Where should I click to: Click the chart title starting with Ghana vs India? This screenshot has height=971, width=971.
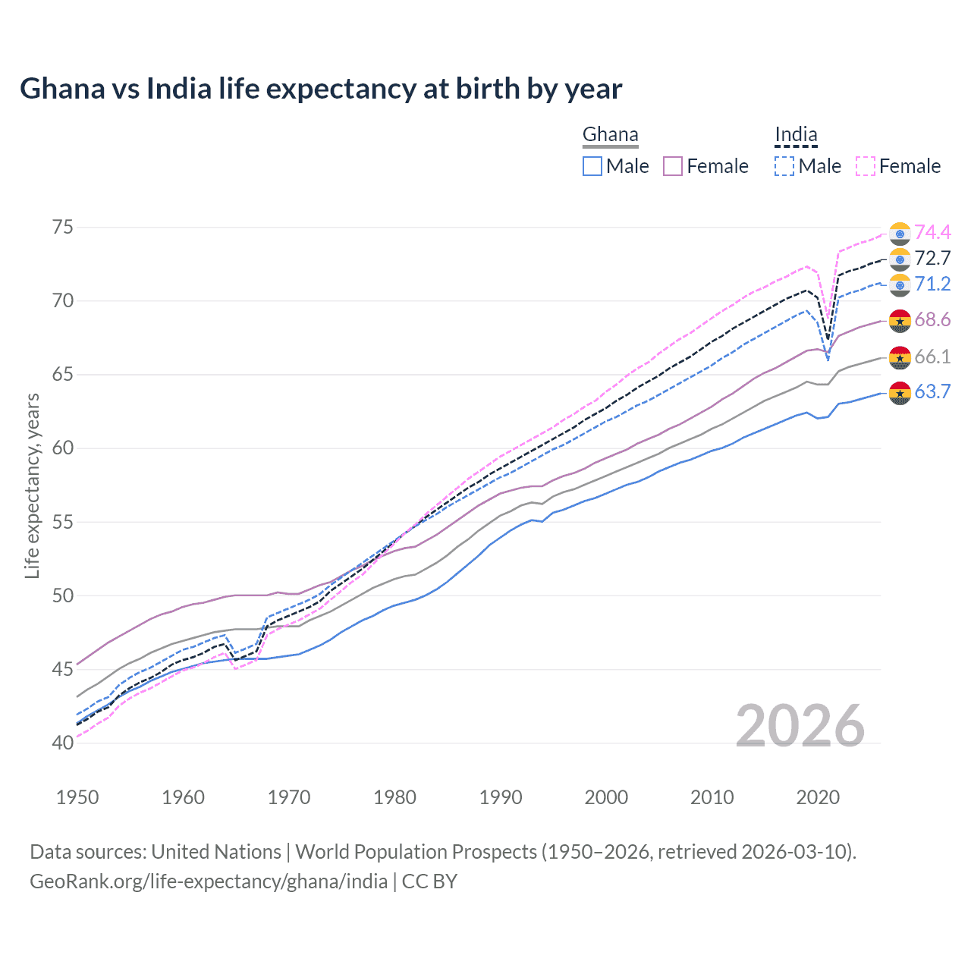[321, 89]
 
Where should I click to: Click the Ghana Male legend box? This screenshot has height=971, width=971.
[592, 166]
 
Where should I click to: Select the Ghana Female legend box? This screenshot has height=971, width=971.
[673, 166]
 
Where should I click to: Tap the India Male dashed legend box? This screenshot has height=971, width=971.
[784, 166]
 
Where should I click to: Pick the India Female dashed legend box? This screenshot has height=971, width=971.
[866, 166]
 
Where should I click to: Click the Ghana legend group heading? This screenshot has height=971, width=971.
[610, 135]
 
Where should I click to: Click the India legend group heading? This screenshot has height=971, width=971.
[796, 135]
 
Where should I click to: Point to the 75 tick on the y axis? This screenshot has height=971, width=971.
[63, 228]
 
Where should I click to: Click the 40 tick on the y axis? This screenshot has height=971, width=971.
[63, 743]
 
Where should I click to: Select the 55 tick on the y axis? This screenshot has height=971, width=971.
[63, 522]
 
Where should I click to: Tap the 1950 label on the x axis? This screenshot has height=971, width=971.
[77, 797]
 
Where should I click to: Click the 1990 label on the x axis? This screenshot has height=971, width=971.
[501, 797]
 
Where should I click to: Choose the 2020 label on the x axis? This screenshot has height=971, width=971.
[818, 797]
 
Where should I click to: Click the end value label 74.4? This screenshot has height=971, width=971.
[932, 232]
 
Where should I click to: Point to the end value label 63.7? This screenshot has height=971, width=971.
[932, 391]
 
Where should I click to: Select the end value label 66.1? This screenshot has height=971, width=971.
[932, 357]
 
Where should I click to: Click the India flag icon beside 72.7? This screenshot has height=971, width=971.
[900, 259]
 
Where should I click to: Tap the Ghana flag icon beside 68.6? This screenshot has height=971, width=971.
[900, 321]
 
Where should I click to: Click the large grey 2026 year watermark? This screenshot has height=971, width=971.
[800, 726]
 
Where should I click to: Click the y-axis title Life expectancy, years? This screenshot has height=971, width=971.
[32, 485]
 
